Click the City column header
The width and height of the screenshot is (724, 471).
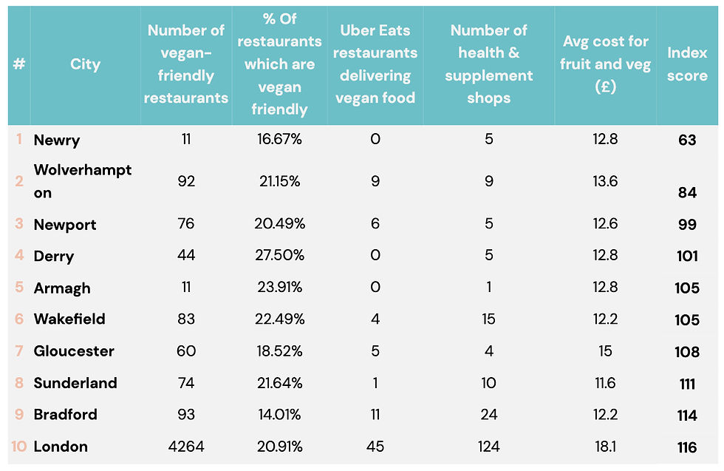tap(85, 64)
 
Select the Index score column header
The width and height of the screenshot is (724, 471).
tap(686, 64)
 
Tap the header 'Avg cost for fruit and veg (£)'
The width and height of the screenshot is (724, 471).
tap(605, 64)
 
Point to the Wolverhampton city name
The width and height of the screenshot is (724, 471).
tap(82, 181)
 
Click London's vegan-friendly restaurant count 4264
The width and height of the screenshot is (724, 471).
tap(185, 447)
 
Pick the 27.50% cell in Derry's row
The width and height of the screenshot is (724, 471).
tap(279, 255)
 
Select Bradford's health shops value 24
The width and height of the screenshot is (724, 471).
tap(488, 414)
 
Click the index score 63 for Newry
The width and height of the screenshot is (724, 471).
tap(686, 140)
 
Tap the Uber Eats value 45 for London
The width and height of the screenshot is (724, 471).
tap(375, 447)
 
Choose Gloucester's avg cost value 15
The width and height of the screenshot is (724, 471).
tap(605, 351)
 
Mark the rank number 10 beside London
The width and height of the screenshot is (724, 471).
tap(18, 447)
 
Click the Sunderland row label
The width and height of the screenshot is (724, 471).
tap(75, 383)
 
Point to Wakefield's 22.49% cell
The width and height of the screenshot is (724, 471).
tap(279, 319)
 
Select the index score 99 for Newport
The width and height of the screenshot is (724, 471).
tap(686, 225)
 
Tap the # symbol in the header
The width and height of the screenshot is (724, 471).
tap(19, 64)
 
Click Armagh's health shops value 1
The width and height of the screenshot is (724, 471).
tap(488, 288)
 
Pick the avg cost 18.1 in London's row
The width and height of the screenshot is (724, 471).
tap(605, 447)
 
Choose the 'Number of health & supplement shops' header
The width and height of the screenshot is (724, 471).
tap(488, 64)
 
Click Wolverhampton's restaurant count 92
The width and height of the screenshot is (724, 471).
tap(185, 181)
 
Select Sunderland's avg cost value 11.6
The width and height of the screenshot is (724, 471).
tap(605, 383)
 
